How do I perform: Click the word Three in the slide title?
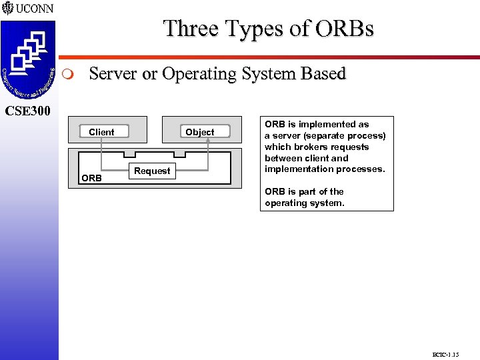[x=191, y=29]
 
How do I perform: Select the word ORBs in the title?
[x=345, y=29]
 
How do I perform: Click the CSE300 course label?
[x=28, y=110]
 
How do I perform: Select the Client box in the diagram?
[x=101, y=132]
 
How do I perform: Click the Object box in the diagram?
[x=200, y=132]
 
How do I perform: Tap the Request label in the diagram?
[x=152, y=171]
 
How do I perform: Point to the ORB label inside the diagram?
[x=91, y=178]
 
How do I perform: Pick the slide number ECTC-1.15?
[x=445, y=354]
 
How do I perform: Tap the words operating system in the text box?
[x=305, y=203]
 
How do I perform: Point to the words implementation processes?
[x=325, y=169]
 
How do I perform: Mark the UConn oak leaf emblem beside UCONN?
[x=7, y=9]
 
